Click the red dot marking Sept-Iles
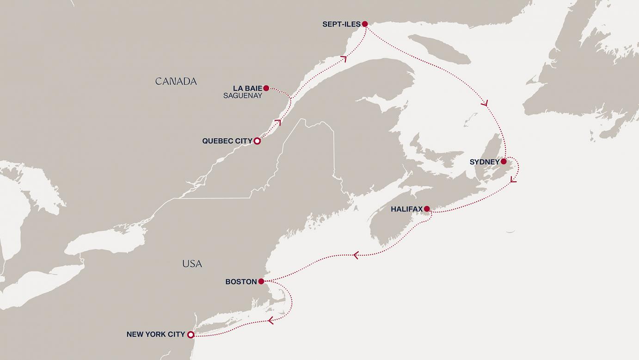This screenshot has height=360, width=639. tap(365, 24)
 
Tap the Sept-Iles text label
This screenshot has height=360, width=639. tap(341, 24)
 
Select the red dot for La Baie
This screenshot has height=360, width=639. tap(266, 88)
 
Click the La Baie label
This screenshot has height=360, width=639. tap(247, 88)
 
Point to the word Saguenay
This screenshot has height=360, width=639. tap(243, 96)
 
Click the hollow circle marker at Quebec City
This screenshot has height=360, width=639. tap(258, 141)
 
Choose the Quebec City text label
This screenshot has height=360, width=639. tap(227, 141)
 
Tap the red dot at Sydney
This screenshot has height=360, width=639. tap(504, 162)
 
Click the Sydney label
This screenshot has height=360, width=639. tap(484, 162)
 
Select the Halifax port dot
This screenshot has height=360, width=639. tap(427, 209)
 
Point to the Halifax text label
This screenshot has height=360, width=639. tap(406, 209)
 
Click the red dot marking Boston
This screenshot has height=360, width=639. tap(261, 281)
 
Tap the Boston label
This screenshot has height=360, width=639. tap(241, 281)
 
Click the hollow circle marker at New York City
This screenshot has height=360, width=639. tap(190, 335)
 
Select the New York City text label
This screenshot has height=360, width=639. tap(156, 334)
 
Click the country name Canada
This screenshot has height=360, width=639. tap(176, 81)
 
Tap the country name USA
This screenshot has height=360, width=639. tap(192, 264)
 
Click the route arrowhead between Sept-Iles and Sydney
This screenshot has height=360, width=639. tap(485, 104)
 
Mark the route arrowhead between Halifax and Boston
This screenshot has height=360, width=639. tap(356, 255)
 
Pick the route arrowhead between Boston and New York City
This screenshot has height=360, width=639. tap(271, 320)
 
